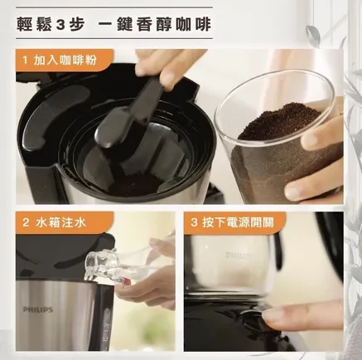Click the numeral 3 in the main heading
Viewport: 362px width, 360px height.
pos(60,24)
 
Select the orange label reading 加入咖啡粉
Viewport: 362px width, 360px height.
pos(65,61)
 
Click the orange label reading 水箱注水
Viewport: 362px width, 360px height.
pos(65,222)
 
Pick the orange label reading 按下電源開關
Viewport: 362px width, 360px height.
pos(234,222)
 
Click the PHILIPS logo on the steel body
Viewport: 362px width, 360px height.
pos(38,309)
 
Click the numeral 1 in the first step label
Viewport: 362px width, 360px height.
pos(25,60)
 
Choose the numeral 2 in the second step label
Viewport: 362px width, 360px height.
pos(26,222)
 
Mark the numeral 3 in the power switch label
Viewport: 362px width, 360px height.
pos(194,222)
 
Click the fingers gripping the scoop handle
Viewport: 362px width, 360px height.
pos(163,68)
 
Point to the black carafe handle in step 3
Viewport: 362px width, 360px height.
pos(280,251)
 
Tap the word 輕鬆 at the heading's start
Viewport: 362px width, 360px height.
pos(33,24)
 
